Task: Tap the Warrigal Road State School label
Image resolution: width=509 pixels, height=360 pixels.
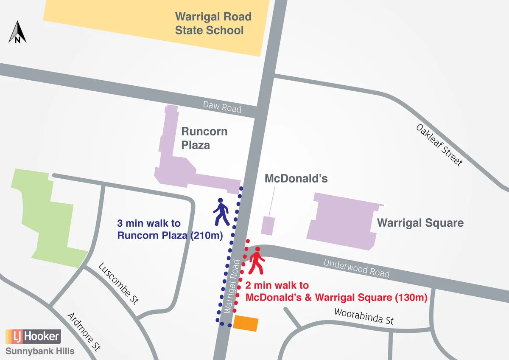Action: [213, 24]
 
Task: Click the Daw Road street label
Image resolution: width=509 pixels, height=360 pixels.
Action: [222, 106]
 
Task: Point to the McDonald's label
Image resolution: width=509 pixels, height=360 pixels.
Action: [296, 178]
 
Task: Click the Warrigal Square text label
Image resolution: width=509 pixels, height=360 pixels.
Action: [420, 223]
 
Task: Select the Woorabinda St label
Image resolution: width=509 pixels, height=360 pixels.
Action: [364, 316]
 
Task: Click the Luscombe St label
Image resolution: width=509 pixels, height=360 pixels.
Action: [118, 284]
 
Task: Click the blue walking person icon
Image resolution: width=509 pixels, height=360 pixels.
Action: [221, 212]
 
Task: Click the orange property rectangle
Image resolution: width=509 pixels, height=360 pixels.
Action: [246, 323]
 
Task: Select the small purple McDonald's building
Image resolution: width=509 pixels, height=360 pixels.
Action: [268, 225]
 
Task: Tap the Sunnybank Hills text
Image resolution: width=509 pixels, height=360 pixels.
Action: [40, 351]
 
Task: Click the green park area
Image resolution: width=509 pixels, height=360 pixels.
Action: [47, 221]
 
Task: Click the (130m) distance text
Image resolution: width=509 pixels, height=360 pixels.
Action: [411, 298]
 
